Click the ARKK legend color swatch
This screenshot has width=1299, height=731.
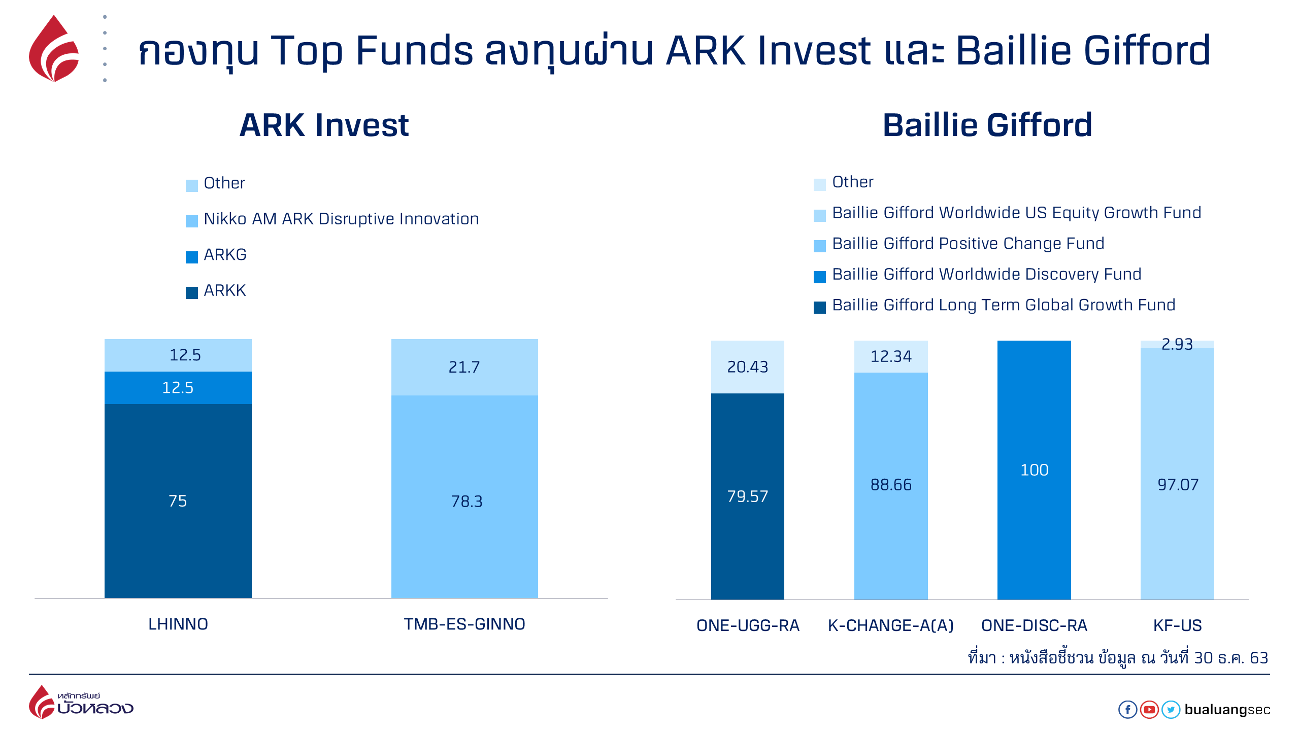click(x=191, y=293)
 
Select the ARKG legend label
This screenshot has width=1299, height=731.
click(x=225, y=254)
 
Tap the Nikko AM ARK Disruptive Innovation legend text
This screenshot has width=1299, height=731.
click(x=341, y=219)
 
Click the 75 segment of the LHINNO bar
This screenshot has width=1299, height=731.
click(x=178, y=501)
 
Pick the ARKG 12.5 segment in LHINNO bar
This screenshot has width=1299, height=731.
click(x=178, y=388)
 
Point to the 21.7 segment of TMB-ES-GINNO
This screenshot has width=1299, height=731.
click(x=464, y=367)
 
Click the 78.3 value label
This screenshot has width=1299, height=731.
click(x=467, y=502)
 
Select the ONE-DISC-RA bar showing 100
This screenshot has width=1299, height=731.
click(x=1034, y=470)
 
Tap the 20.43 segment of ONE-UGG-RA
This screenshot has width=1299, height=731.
click(x=748, y=367)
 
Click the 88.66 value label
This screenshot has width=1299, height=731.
click(x=891, y=485)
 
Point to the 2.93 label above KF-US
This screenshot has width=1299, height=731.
click(x=1177, y=344)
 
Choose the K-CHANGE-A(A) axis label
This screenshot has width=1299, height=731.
click(x=891, y=625)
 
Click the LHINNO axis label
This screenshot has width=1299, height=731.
click(x=178, y=624)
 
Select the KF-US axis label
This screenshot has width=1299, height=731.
click(x=1178, y=625)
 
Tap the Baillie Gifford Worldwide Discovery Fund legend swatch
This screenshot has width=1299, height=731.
click(x=820, y=277)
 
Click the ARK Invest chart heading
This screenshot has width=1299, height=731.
click(x=324, y=125)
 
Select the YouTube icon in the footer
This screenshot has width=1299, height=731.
click(x=1149, y=709)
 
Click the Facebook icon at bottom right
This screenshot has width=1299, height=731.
click(x=1128, y=709)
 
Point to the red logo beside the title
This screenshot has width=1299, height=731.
click(x=54, y=49)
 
